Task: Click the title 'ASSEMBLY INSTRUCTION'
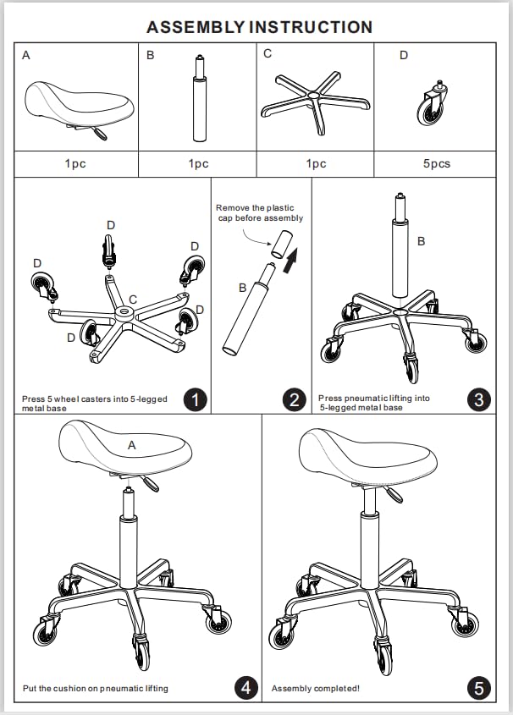(259, 27)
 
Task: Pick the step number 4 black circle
(245, 688)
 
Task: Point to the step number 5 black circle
(479, 688)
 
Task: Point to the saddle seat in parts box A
(78, 104)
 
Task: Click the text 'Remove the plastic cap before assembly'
(259, 212)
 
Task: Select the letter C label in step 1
(132, 300)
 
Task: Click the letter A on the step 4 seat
(131, 444)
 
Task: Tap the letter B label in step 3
(421, 241)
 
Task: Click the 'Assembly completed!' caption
(315, 689)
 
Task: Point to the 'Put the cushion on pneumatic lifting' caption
(95, 689)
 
